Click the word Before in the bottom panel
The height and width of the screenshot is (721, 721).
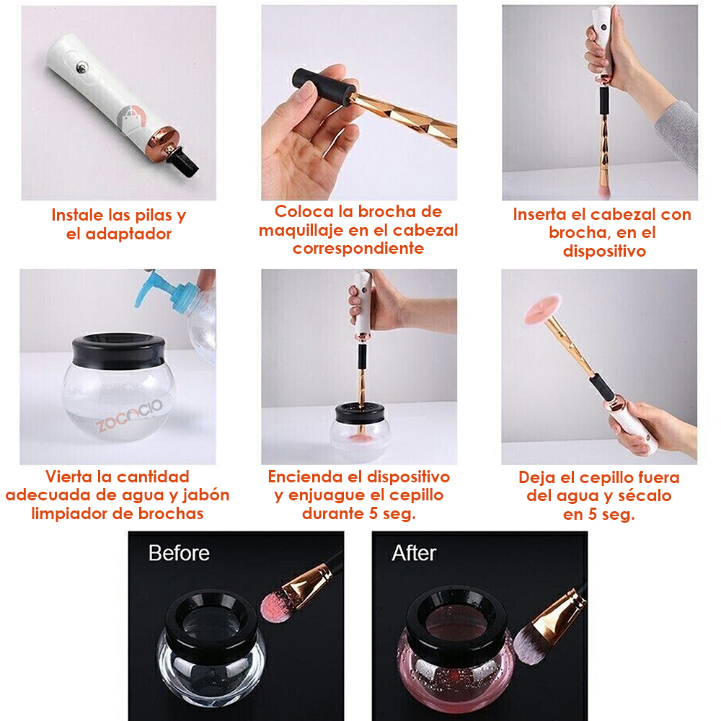179,553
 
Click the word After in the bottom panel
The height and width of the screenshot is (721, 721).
414,553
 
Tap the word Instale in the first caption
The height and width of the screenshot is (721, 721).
77,215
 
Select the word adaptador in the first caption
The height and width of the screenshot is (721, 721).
128,234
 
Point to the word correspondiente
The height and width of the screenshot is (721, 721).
358,248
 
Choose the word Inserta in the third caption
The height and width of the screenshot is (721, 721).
539,214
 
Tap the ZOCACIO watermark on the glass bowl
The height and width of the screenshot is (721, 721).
129,416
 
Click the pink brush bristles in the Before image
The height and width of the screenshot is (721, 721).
277,606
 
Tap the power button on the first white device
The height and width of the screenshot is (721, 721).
82,68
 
